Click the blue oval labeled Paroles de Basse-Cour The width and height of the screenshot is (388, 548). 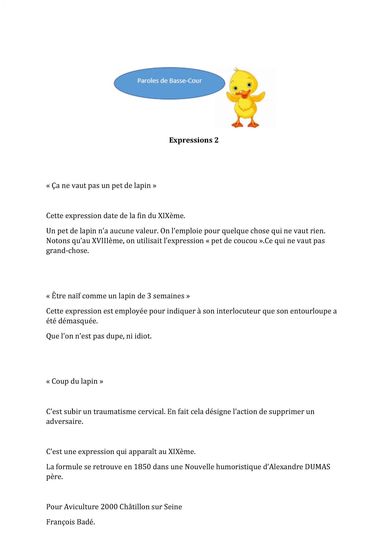(169, 83)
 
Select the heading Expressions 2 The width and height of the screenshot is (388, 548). (194, 140)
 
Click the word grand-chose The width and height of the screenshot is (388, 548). (67, 251)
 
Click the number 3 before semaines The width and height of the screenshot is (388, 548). (149, 296)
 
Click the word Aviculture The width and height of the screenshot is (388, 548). (81, 507)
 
